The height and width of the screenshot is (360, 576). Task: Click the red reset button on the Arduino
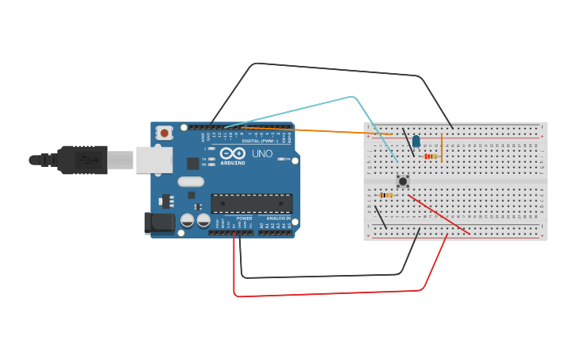pyautogui.click(x=164, y=133)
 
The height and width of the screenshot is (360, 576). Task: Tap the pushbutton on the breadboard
pyautogui.click(x=403, y=181)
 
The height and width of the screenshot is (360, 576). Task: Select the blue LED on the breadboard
pyautogui.click(x=416, y=141)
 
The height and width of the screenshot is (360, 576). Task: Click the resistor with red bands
pyautogui.click(x=430, y=157)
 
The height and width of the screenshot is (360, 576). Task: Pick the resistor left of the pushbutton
pyautogui.click(x=386, y=195)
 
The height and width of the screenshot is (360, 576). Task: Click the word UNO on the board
pyautogui.click(x=262, y=153)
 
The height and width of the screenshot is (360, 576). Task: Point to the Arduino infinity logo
pyautogui.click(x=233, y=153)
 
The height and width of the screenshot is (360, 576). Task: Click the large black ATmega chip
pyautogui.click(x=251, y=203)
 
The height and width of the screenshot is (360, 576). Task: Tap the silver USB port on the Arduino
pyautogui.click(x=153, y=160)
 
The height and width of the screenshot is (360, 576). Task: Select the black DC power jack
pyautogui.click(x=160, y=223)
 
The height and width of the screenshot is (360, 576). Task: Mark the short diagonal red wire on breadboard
pyautogui.click(x=439, y=215)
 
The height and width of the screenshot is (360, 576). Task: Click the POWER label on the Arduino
pyautogui.click(x=244, y=218)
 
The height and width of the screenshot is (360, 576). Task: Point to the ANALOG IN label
pyautogui.click(x=277, y=218)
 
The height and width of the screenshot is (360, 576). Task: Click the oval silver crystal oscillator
pyautogui.click(x=191, y=182)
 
